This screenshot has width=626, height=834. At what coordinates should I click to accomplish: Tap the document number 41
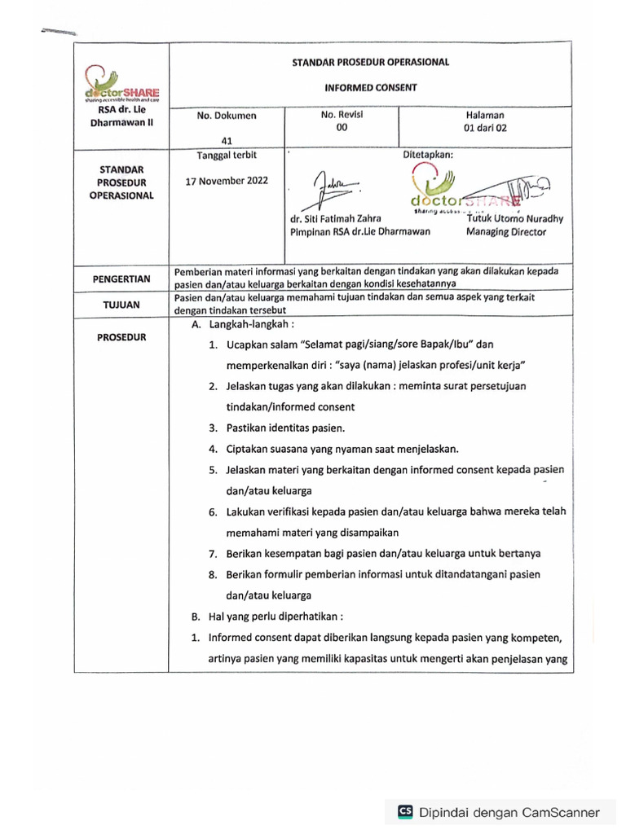(215, 140)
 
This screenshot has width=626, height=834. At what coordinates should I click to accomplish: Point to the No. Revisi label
(342, 115)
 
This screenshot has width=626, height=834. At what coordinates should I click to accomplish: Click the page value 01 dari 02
(485, 128)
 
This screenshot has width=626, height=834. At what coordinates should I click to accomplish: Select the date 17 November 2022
(227, 181)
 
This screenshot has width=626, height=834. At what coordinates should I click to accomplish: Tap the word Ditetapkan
(429, 154)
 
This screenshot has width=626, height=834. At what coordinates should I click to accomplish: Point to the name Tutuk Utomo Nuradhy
(514, 218)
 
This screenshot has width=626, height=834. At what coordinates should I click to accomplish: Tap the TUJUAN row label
(121, 305)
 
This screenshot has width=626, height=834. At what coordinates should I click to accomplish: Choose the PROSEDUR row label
(121, 336)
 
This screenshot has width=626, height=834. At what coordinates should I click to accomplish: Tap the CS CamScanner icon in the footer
(405, 811)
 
